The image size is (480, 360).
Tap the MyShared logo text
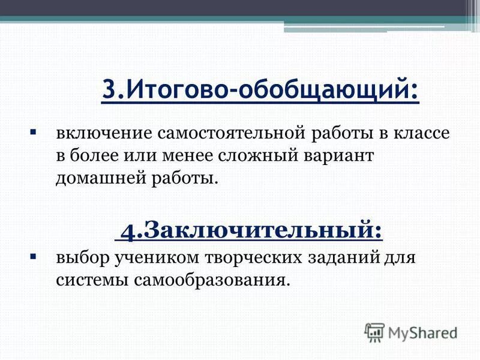[422, 331]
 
